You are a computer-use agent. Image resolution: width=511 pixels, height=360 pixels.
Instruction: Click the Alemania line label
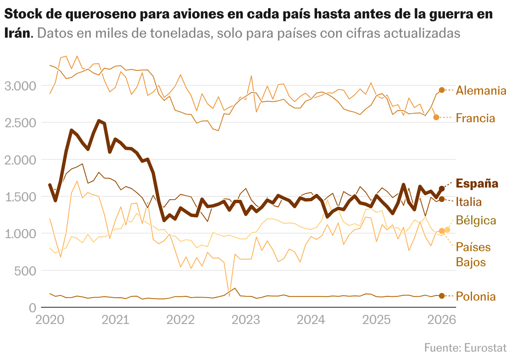pyautogui.click(x=481, y=90)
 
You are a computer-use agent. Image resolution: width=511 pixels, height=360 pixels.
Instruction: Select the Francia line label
pyautogui.click(x=475, y=118)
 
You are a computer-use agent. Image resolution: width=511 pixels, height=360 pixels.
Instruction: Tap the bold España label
pyautogui.click(x=477, y=183)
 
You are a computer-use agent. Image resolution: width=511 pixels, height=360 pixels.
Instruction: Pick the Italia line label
pyautogui.click(x=468, y=202)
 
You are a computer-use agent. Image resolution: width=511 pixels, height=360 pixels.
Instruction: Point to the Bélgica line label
pyautogui.click(x=476, y=220)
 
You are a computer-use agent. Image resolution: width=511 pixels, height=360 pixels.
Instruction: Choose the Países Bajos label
pyautogui.click(x=473, y=255)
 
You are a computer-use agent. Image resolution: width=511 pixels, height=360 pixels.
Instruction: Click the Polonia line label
pyautogui.click(x=475, y=296)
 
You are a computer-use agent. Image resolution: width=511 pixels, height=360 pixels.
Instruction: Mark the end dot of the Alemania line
pyautogui.click(x=441, y=90)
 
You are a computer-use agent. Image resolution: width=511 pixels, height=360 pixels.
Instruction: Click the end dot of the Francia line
pyautogui.click(x=436, y=117)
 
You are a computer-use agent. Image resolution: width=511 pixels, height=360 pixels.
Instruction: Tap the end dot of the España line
pyautogui.click(x=441, y=188)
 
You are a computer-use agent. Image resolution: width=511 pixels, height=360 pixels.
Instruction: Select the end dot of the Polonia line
pyautogui.click(x=441, y=296)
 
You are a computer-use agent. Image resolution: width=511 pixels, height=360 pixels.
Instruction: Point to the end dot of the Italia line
pyautogui.click(x=441, y=199)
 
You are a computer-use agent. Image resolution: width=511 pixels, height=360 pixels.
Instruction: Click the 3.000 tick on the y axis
pyautogui.click(x=20, y=86)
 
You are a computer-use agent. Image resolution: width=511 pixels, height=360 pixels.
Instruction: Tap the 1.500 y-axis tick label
pyautogui.click(x=20, y=197)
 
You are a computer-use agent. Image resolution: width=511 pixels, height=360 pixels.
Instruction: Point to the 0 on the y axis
pyautogui.click(x=32, y=308)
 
